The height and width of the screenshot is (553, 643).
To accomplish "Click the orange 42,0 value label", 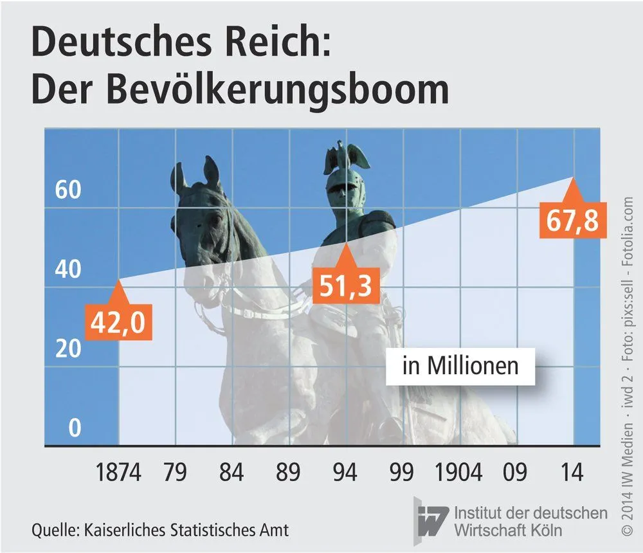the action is [x=118, y=322].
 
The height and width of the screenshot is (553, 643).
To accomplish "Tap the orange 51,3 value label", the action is [x=346, y=286].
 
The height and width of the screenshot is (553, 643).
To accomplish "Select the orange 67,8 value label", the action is [x=573, y=221].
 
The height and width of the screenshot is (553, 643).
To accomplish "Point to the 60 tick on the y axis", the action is [x=68, y=190].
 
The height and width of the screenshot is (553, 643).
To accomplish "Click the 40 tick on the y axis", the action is [x=68, y=269].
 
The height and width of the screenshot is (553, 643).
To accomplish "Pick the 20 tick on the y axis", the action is [x=68, y=349].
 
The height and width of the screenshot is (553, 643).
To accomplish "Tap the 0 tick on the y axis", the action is [x=75, y=428].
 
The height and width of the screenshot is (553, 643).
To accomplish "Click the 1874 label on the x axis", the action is [x=118, y=472].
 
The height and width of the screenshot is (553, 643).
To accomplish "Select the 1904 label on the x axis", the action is [x=458, y=472].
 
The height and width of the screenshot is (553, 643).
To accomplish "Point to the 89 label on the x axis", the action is [x=288, y=472].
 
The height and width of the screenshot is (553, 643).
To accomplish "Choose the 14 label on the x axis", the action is [x=572, y=472].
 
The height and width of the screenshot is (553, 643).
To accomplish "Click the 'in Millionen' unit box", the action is [x=460, y=367].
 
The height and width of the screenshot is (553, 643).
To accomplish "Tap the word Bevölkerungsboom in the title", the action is [x=278, y=90].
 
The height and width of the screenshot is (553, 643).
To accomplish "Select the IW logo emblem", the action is [x=431, y=521].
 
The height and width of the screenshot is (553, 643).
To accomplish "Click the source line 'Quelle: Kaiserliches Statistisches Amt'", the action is [x=160, y=530].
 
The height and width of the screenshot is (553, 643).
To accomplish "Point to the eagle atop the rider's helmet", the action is [x=347, y=156].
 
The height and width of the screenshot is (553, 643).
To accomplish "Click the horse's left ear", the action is [x=212, y=172].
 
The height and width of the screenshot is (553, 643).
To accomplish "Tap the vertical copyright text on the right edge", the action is [x=628, y=367].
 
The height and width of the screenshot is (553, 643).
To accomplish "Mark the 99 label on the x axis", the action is [x=401, y=472].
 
